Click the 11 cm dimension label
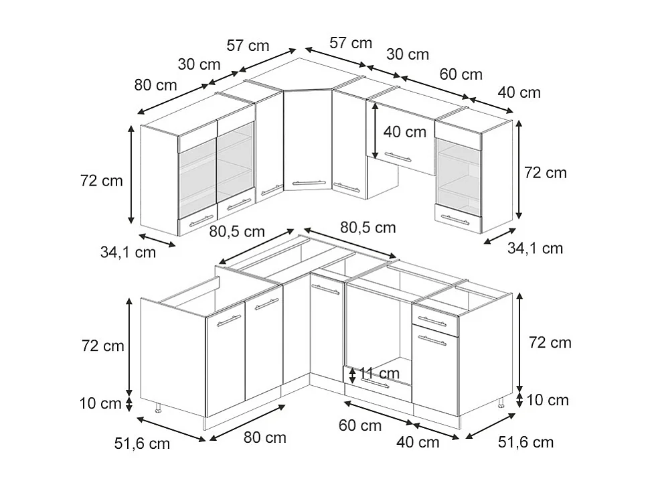pos(379,373)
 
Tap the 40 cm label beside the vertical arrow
pos(404,132)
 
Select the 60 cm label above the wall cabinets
pos(461,74)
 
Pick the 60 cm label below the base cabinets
pos(360,425)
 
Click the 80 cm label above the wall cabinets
pos(155,85)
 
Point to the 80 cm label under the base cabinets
pos(264,437)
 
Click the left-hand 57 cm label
pos(248,46)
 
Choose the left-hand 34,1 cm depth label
pos(128,253)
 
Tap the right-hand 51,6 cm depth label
pos(526,442)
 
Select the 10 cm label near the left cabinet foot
pos(100,404)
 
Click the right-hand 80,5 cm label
pos(368,228)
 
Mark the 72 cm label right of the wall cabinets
pos(545,172)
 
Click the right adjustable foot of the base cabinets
pos(501,403)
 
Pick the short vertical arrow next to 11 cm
pos(353,374)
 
